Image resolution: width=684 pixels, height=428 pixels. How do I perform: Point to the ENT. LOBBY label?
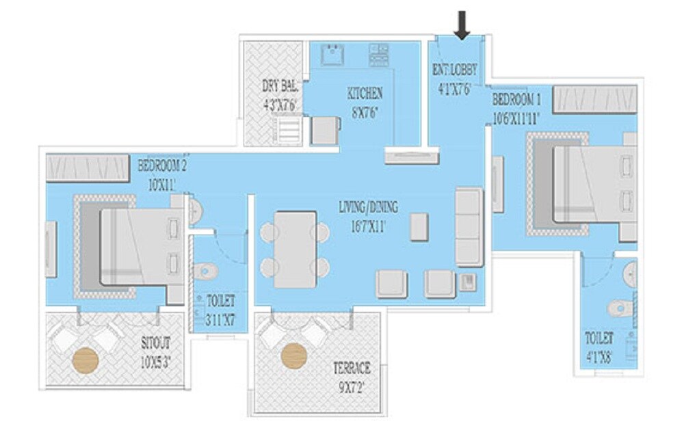click(x=455, y=78)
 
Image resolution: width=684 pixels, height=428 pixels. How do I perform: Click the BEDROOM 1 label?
click(x=516, y=107)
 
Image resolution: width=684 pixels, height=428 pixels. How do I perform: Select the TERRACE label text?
click(x=352, y=376)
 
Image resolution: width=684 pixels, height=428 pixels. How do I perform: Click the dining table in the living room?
click(x=295, y=249)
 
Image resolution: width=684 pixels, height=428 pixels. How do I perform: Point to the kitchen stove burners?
click(x=378, y=54)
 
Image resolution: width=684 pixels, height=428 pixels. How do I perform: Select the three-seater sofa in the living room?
click(x=469, y=226)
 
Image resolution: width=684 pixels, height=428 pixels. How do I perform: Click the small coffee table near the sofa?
click(x=420, y=227)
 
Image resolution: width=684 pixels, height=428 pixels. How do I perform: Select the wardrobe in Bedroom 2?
click(x=88, y=167)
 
